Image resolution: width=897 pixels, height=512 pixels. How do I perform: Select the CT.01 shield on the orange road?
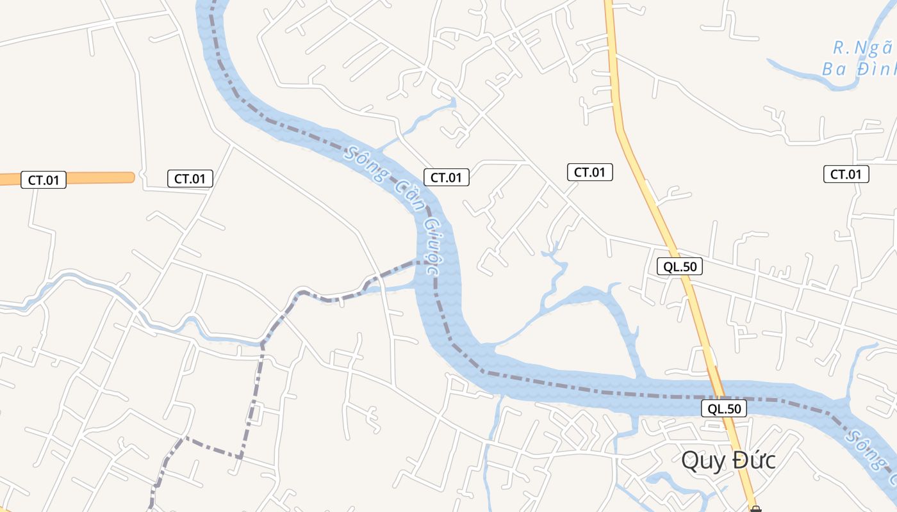coord(44,180)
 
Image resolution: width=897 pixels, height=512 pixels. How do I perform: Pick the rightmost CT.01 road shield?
coord(846,174)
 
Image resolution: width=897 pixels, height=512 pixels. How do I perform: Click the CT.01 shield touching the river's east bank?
coord(446,177)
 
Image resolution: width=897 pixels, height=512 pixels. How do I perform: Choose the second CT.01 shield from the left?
coord(190,179)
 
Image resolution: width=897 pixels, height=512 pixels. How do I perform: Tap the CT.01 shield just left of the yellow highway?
coord(589,172)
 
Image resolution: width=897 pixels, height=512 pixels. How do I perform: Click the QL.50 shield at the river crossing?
coord(724,408)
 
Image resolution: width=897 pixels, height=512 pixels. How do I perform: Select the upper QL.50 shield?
coord(679,267)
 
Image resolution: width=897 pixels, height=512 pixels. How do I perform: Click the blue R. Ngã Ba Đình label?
coord(859,59)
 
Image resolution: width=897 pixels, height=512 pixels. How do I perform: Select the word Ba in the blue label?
coord(834,69)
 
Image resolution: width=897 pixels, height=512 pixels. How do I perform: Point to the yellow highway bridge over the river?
coord(719,390)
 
